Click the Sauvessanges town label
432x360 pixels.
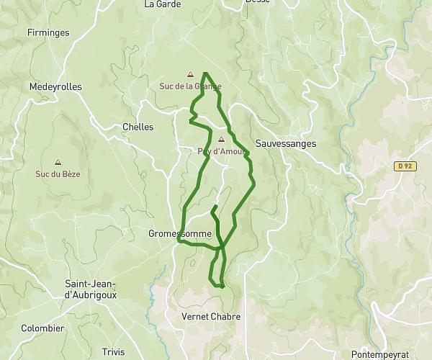point(286,144)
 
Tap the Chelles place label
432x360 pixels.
point(138,127)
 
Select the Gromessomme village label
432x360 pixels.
point(180,234)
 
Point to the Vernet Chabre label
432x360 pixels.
point(211,317)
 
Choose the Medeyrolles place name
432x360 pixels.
point(56,86)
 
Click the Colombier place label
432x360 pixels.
point(42,328)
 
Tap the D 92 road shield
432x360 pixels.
point(406,166)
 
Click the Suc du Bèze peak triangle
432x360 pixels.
point(58,163)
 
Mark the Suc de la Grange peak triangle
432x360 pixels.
point(190,74)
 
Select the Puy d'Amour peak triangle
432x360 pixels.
point(221,140)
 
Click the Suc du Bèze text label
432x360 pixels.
point(58,174)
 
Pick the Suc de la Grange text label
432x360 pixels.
point(190,86)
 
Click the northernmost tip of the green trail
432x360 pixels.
point(206,73)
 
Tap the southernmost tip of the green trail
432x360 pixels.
point(222,287)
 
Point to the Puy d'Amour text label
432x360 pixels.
point(222,151)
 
